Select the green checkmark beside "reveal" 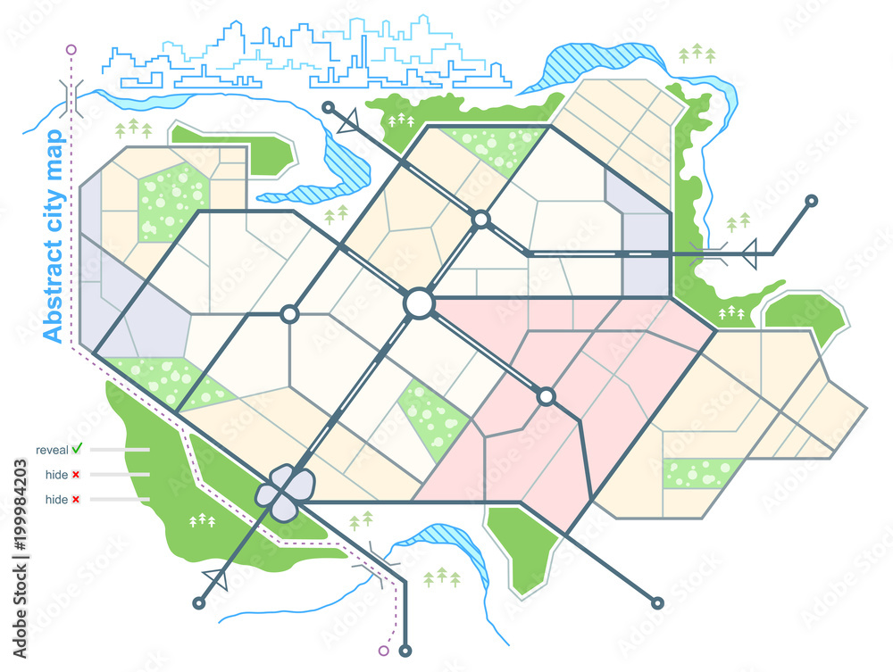click(x=77, y=447)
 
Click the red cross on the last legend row click(x=76, y=500)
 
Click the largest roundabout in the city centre click(x=418, y=303)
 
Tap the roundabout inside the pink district click(x=546, y=395)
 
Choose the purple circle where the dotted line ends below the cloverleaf click(x=385, y=650)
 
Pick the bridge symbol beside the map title click(x=73, y=95)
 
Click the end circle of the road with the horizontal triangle click(x=811, y=200)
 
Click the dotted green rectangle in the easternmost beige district click(x=702, y=473)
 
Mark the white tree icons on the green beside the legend click(x=204, y=518)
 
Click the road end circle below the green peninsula click(x=658, y=604)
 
